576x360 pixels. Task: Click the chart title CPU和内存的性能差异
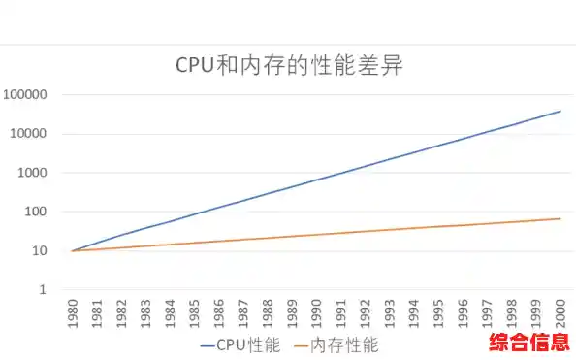[288, 65]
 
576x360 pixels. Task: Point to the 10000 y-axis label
[42, 134]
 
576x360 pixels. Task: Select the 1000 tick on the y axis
[45, 173]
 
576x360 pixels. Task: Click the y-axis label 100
[48, 212]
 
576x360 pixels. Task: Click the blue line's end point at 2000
[560, 111]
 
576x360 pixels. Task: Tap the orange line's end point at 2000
[560, 218]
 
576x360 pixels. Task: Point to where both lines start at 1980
[72, 250]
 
